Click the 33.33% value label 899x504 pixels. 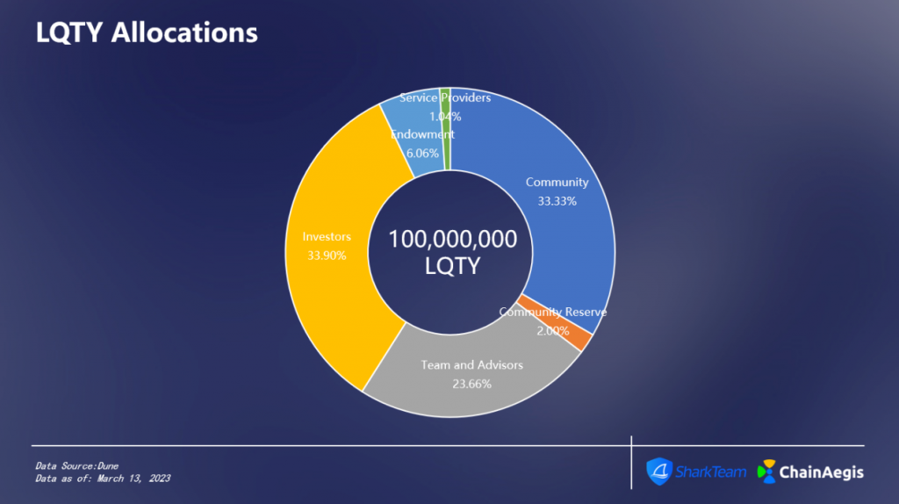pyautogui.click(x=557, y=201)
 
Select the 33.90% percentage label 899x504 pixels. pyautogui.click(x=327, y=256)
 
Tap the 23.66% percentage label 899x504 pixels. pyautogui.click(x=471, y=385)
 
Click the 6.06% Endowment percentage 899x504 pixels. pyautogui.click(x=422, y=154)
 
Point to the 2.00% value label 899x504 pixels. pyautogui.click(x=553, y=331)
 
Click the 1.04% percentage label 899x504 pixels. pyautogui.click(x=445, y=117)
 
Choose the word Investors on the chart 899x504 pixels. pyautogui.click(x=327, y=237)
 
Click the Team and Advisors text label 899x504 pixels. pyautogui.click(x=471, y=365)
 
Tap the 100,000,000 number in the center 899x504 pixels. pyautogui.click(x=452, y=239)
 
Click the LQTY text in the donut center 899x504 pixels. pyautogui.click(x=452, y=266)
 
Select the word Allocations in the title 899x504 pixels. pyautogui.click(x=184, y=32)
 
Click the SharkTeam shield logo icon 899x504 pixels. pyautogui.click(x=659, y=472)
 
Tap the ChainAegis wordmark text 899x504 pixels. pyautogui.click(x=822, y=472)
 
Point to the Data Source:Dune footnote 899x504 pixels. pyautogui.click(x=77, y=466)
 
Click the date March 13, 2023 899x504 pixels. pyautogui.click(x=133, y=479)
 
